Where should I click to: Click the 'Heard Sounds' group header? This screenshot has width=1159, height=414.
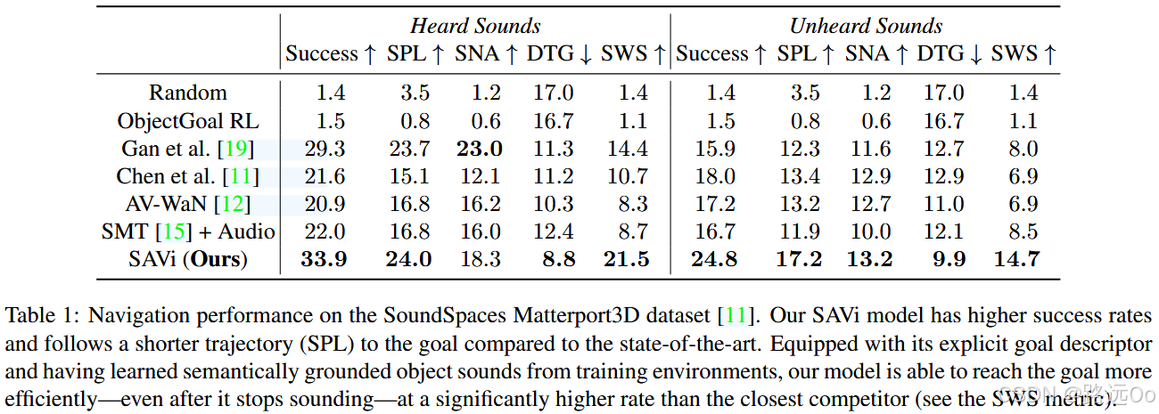coord(475,26)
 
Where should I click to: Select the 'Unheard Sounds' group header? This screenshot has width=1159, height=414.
coord(866,26)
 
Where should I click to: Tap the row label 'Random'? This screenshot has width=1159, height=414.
coord(188,93)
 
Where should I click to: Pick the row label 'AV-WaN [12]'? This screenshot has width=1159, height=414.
coord(187,205)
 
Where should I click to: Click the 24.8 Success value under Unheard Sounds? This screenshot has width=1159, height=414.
coord(713,260)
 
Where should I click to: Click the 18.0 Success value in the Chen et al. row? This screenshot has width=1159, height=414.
coord(713,176)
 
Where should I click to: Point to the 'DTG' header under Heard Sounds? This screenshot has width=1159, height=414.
coord(549,54)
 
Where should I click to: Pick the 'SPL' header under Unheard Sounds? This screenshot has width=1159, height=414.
coord(797,54)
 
